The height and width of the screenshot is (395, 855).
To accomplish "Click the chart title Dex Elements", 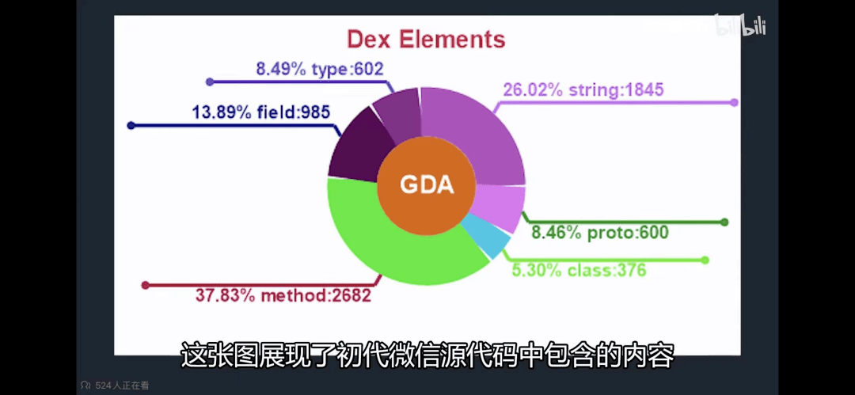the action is coord(427,40).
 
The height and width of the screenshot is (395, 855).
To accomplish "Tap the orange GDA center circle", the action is coord(427,185).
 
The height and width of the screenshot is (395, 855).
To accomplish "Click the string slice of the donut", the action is coord(474,131).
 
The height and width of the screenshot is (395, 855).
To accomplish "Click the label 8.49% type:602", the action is coord(320,69).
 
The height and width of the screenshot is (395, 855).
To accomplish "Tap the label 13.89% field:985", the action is coord(261,112).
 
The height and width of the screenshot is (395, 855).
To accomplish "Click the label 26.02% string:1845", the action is coord(583,89).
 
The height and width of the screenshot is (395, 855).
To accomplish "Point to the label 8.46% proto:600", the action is coord(600,233).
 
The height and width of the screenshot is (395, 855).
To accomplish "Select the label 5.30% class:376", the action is coord(579,269).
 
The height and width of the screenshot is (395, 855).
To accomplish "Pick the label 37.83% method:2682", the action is coord(283,296).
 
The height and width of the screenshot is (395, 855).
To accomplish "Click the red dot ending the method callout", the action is coord(145,285).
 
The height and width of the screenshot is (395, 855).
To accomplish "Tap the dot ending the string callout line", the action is coord(734,103).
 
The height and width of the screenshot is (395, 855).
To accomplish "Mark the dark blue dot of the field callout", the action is coord(131,126).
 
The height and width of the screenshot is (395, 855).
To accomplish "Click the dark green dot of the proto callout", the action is coord(724,222).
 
